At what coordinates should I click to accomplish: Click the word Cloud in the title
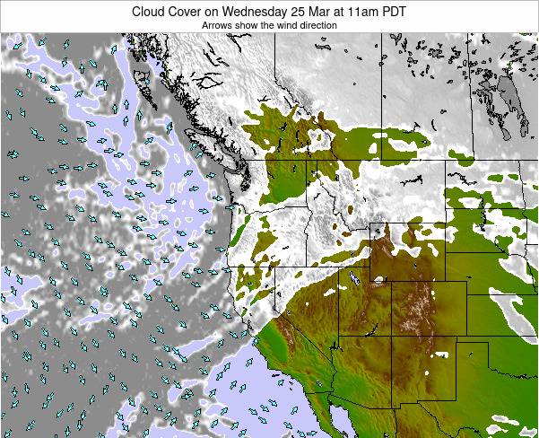[150, 12]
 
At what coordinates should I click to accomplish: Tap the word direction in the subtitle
[315, 25]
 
